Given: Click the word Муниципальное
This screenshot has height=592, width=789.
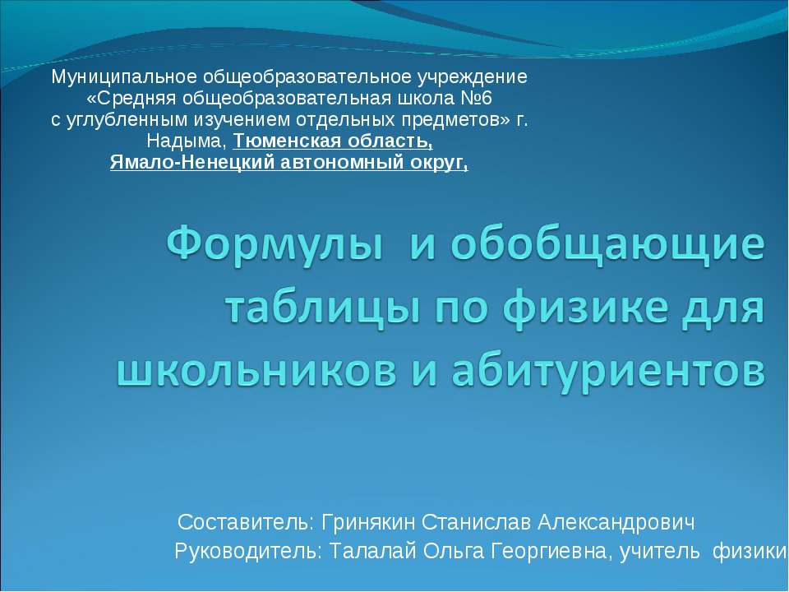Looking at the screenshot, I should pos(106,78).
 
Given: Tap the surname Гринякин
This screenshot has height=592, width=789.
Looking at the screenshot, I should pos(368,523).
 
